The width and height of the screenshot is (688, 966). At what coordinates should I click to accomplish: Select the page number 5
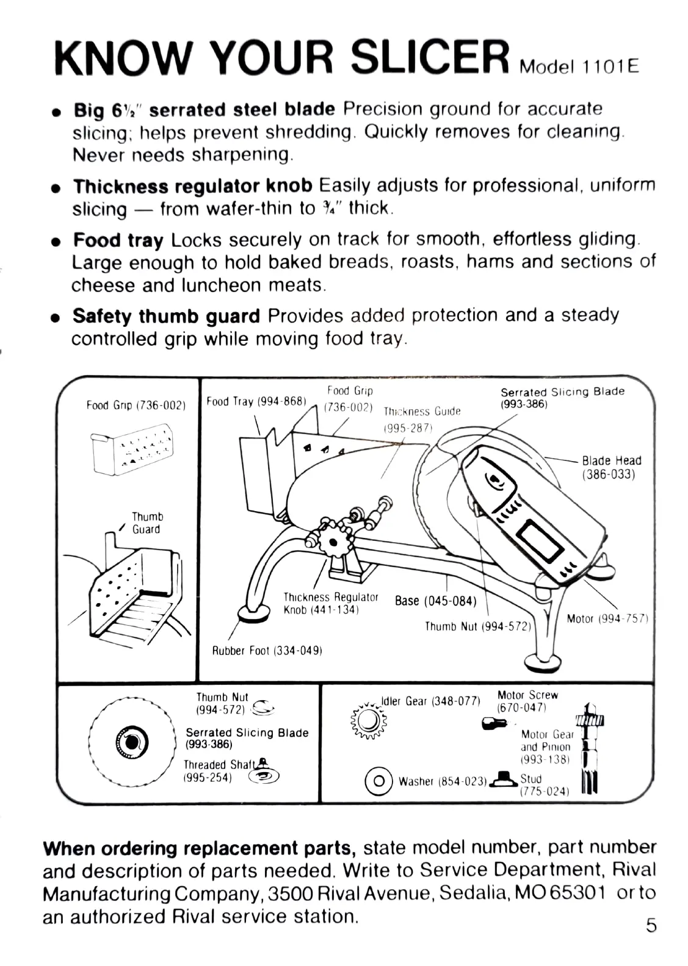(651, 925)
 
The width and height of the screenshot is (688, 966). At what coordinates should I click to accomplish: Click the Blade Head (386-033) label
(611, 467)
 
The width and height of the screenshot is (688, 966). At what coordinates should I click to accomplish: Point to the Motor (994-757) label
(606, 619)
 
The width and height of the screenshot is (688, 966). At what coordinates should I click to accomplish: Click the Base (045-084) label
(435, 601)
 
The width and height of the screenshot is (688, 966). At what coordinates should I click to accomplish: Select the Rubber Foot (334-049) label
(267, 651)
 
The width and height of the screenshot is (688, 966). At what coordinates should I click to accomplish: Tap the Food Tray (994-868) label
(256, 401)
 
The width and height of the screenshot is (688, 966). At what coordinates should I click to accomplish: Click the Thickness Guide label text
(422, 412)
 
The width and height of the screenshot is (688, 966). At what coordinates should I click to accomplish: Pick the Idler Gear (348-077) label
(430, 701)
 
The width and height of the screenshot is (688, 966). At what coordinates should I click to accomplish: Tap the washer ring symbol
(378, 781)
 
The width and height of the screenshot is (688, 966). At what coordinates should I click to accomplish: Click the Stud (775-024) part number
(544, 792)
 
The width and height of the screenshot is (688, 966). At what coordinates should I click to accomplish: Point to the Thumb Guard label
(147, 523)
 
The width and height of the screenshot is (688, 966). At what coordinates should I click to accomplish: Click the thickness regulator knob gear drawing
(333, 542)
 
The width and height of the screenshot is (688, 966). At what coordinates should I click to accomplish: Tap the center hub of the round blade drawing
(131, 742)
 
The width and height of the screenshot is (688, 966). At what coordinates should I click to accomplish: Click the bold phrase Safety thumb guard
(166, 316)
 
